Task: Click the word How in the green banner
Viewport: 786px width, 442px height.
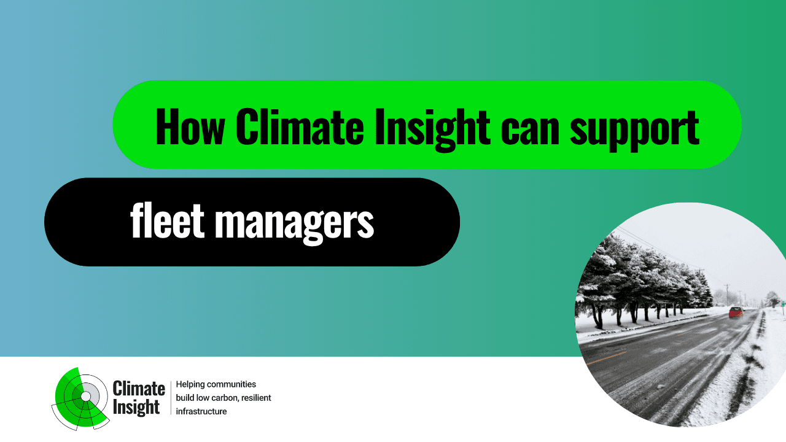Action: [190, 126]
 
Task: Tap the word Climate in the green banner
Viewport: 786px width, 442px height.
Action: [299, 126]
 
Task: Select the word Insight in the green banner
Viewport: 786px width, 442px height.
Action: [432, 130]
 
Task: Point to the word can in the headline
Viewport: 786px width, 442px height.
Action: [530, 131]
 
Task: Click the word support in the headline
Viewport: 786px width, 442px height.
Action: [635, 131]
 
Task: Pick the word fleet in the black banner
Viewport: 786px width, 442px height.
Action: [167, 220]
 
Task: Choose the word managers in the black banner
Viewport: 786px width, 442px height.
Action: [294, 225]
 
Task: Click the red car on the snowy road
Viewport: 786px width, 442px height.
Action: [736, 312]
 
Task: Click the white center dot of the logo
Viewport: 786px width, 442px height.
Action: [85, 397]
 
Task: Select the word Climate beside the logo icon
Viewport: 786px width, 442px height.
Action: [139, 389]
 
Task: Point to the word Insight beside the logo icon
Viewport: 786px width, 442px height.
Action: [136, 408]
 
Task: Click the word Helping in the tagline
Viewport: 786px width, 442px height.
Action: [190, 385]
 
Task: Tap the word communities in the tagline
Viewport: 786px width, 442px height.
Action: [232, 384]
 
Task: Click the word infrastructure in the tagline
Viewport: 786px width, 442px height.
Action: [201, 411]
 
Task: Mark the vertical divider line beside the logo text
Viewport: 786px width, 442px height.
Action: [171, 398]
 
